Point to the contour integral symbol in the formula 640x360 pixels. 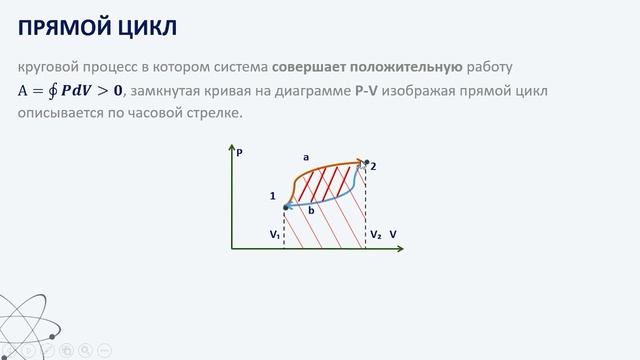click(50, 92)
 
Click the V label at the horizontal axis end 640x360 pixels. click(393, 235)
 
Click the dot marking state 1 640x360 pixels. click(286, 207)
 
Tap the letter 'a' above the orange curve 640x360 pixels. click(306, 157)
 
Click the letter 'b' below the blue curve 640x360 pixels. click(311, 211)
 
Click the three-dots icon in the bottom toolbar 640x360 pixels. click(105, 350)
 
